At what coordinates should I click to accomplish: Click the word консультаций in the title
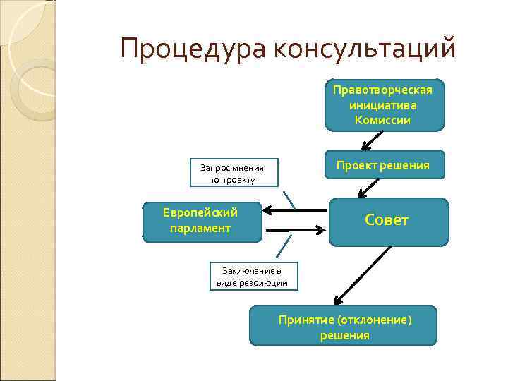point(365,49)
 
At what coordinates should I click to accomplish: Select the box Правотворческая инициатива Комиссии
point(385,104)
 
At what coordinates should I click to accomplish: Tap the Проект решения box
point(384,165)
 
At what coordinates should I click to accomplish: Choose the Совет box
point(388,222)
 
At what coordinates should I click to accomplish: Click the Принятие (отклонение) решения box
point(344,327)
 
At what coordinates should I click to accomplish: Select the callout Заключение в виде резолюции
point(252,277)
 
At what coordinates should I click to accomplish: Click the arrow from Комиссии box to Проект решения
point(370,141)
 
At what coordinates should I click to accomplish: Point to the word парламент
point(200,228)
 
